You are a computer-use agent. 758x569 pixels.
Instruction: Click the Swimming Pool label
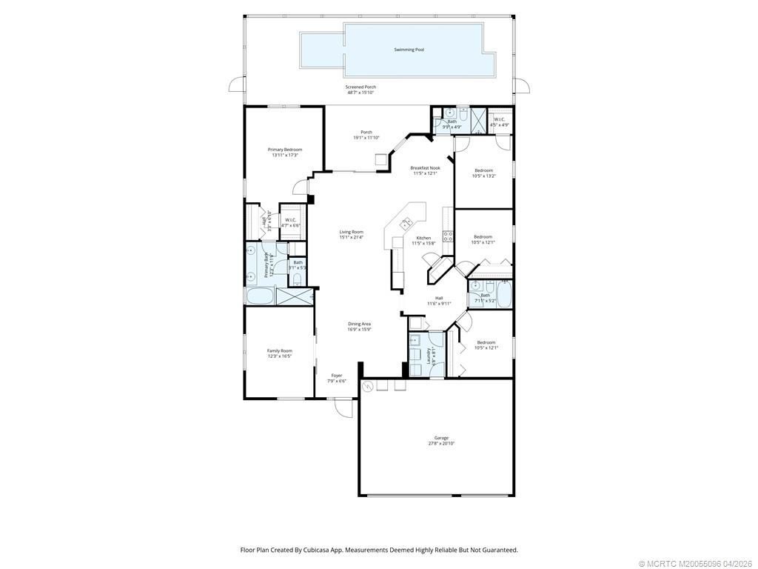(x=409, y=50)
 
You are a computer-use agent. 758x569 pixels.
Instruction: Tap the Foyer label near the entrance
(x=337, y=376)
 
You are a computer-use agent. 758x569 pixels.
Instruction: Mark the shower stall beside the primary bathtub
(x=294, y=297)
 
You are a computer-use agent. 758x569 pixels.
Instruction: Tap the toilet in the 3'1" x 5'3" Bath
(x=295, y=279)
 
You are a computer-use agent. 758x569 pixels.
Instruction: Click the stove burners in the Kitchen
(x=448, y=236)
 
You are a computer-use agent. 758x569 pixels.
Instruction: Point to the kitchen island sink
(x=406, y=222)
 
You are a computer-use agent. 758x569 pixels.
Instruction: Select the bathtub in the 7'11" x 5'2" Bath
(x=504, y=295)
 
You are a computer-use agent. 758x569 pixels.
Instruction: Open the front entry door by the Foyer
(x=342, y=406)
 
